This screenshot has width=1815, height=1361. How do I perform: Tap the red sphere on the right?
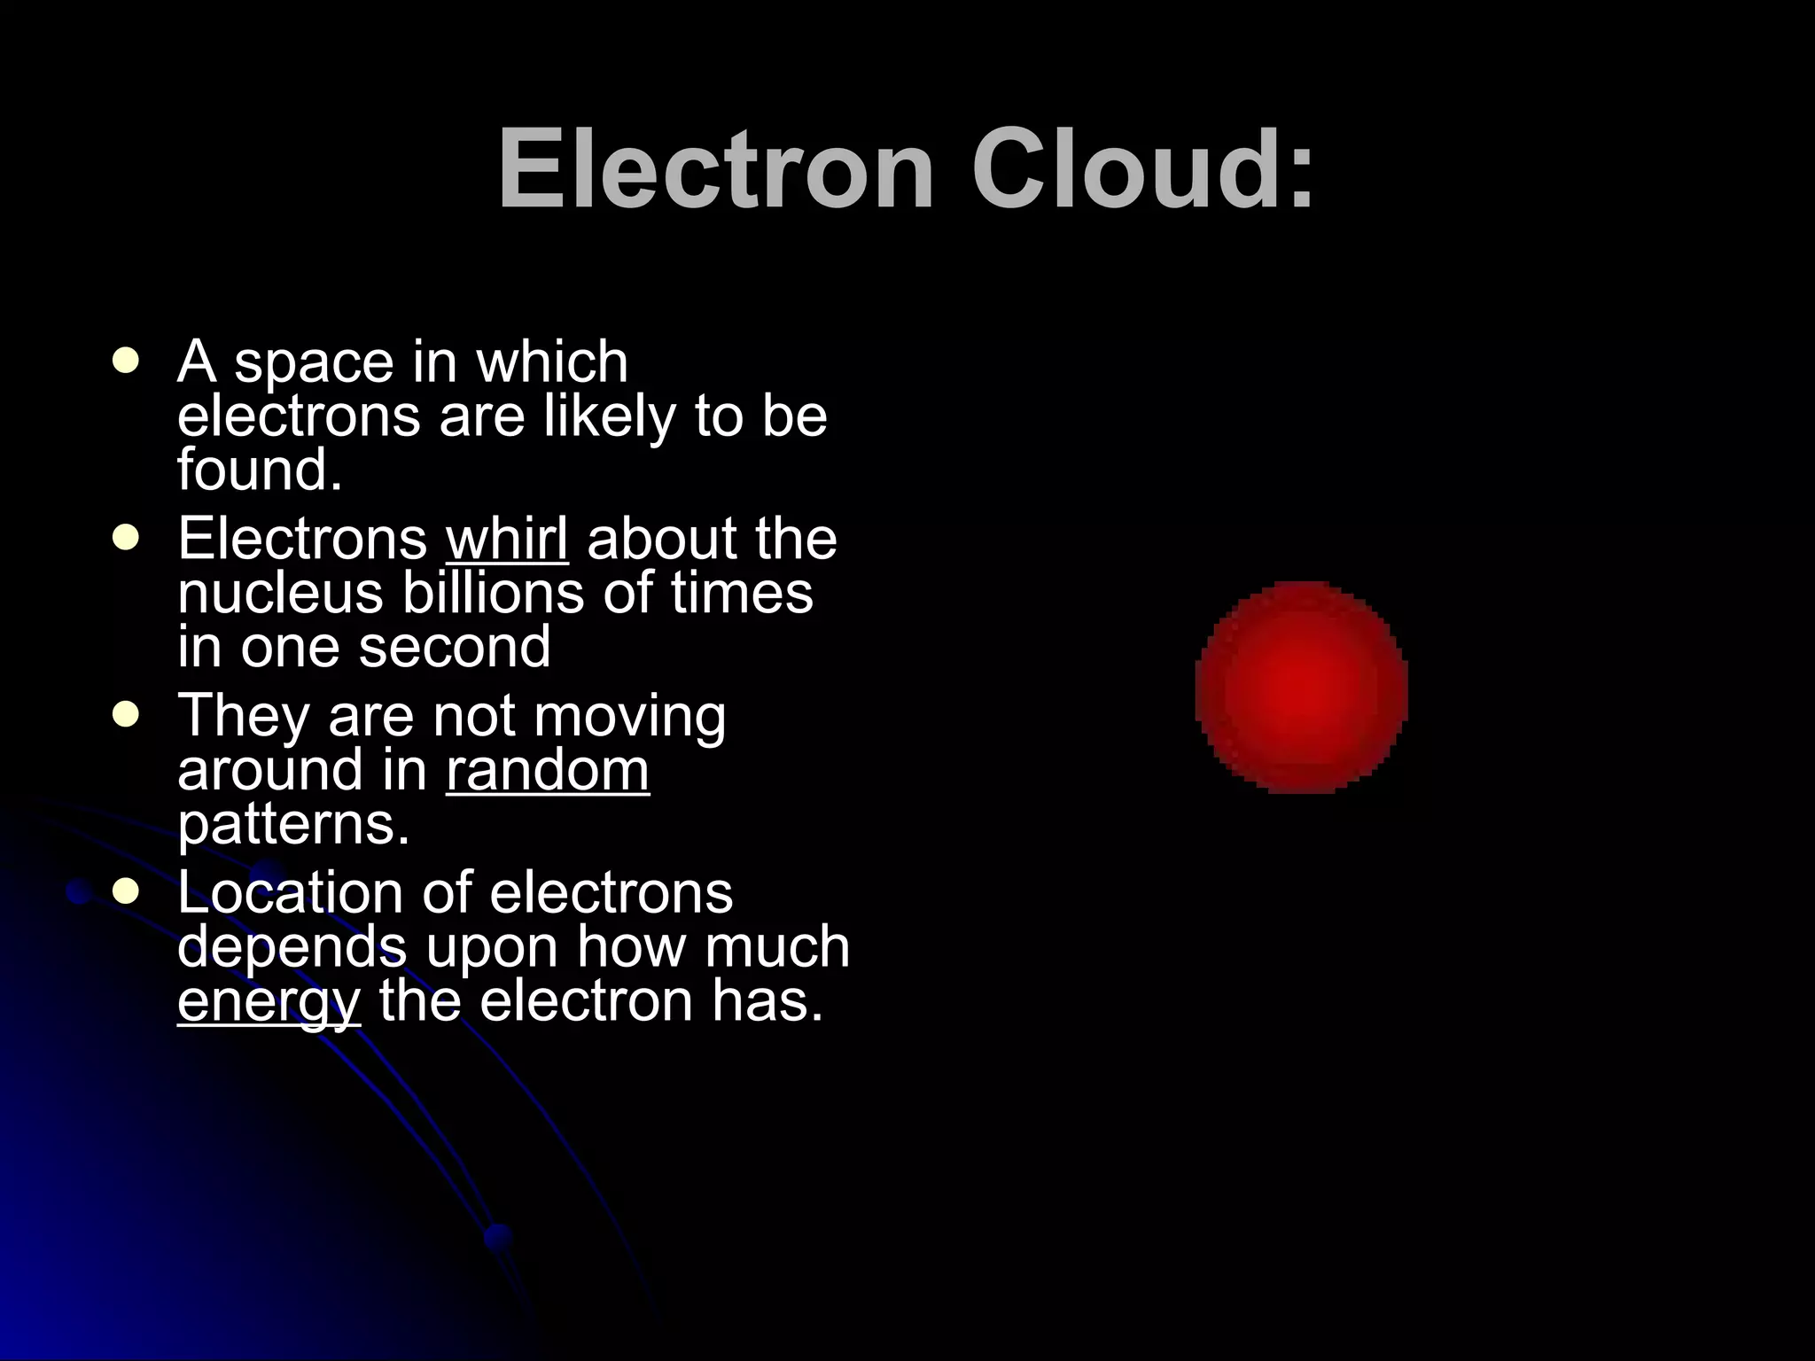[1301, 687]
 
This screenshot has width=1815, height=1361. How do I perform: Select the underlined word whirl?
[507, 539]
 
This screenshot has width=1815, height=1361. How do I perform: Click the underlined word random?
[548, 770]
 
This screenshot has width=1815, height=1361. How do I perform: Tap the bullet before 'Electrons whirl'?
[127, 539]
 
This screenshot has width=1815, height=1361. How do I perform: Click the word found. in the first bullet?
[259, 470]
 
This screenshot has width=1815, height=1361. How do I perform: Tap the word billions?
[493, 593]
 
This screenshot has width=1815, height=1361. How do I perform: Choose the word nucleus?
[280, 593]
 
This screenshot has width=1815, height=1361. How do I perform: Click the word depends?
[292, 947]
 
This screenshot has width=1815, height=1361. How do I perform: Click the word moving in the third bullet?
[629, 716]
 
